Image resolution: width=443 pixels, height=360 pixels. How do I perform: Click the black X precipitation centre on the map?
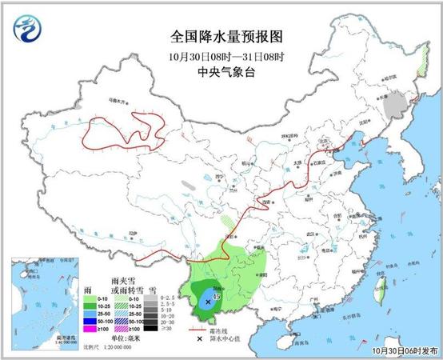click(x=209, y=302)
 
